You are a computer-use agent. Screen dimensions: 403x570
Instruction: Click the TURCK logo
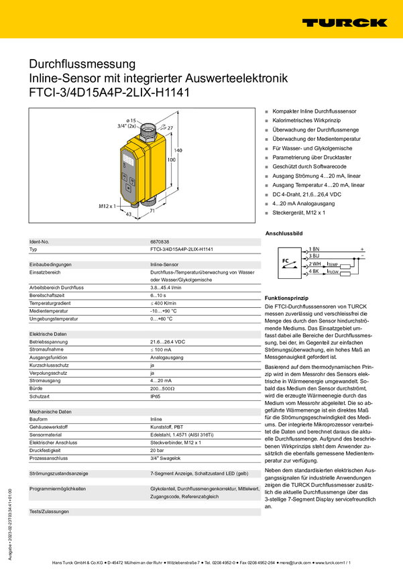point(344,22)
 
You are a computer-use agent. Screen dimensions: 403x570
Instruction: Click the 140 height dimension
point(178,151)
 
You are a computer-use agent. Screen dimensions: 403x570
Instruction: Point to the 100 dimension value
point(172,161)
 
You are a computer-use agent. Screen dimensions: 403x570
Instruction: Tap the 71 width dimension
point(153,211)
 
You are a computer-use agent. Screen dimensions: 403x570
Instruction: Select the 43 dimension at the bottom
point(128,214)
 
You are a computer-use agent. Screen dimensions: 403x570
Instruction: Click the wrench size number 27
point(170,127)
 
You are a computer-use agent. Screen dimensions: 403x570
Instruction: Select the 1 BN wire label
point(314,249)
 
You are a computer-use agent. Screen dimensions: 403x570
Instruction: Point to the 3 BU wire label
point(314,256)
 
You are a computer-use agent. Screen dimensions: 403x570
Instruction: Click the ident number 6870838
point(160,241)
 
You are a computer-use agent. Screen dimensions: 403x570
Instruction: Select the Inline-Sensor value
point(165,265)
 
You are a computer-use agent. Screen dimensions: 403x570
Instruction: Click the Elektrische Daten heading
point(48,334)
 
